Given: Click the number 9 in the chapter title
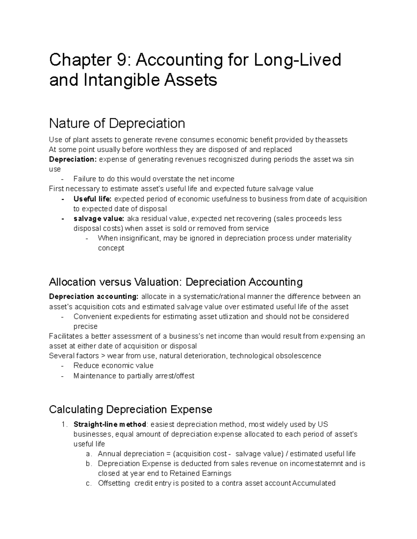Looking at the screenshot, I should point(123,60).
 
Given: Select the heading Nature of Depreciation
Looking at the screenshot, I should point(117,123).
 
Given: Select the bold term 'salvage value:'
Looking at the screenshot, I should point(99,219).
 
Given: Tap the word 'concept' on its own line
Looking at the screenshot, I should point(111,248).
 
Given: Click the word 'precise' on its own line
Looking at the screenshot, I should point(85,327).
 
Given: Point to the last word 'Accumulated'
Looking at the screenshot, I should point(314,483).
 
